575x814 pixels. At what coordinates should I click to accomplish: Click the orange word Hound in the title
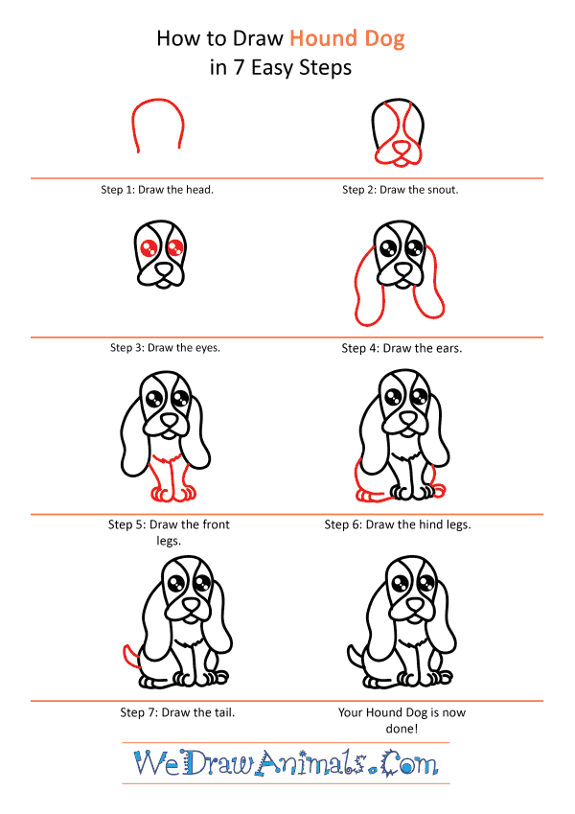pyautogui.click(x=323, y=39)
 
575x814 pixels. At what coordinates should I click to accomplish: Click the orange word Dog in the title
pyautogui.click(x=382, y=39)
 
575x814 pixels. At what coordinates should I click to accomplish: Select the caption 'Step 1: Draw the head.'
pyautogui.click(x=157, y=190)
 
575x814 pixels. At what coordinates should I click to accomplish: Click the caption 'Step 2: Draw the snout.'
pyautogui.click(x=401, y=190)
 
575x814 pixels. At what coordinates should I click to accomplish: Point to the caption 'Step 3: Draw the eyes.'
pyautogui.click(x=166, y=347)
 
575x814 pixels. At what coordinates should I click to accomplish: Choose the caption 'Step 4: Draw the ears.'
pyautogui.click(x=402, y=348)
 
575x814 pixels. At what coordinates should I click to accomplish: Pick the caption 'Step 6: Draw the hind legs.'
pyautogui.click(x=398, y=524)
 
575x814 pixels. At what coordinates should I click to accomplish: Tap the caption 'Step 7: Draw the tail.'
pyautogui.click(x=177, y=712)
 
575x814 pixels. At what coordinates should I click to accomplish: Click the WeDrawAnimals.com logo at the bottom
pyautogui.click(x=287, y=763)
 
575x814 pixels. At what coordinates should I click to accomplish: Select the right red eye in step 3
pyautogui.click(x=174, y=249)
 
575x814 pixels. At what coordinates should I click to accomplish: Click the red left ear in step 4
pyautogui.click(x=363, y=288)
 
